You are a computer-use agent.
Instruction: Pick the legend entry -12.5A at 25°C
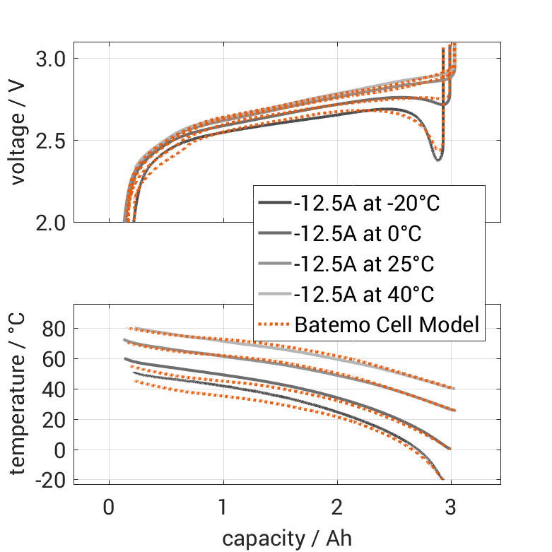(x=363, y=264)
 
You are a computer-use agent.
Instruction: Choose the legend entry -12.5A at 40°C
(x=363, y=295)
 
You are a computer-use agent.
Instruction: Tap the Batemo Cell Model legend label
(x=387, y=325)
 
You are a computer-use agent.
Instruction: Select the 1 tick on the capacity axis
(x=223, y=508)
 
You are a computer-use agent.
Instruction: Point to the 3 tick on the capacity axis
(x=451, y=508)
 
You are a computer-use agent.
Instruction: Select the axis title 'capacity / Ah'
(x=287, y=539)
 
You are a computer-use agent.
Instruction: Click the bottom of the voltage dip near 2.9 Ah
(x=438, y=158)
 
